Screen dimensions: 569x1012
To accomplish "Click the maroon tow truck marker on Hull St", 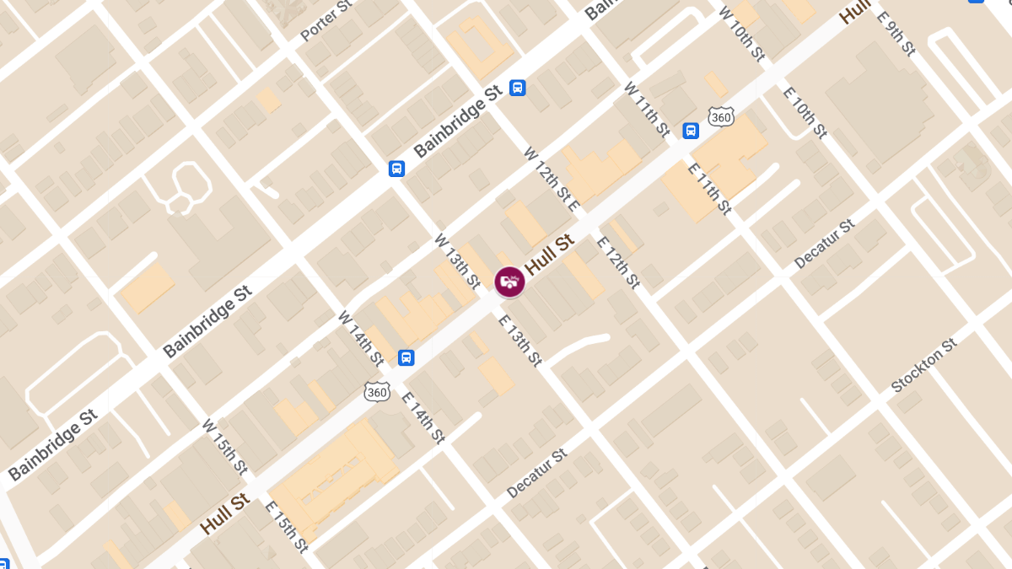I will pos(509,282).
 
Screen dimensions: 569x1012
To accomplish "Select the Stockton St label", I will pos(925,366).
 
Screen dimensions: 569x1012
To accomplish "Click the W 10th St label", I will pos(741,34).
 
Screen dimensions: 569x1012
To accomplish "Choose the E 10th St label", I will pos(805,110).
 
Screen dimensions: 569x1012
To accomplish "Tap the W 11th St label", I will pos(647,109).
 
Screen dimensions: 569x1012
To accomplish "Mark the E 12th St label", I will pos(618,262).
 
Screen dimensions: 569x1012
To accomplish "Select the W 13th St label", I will pos(457,261).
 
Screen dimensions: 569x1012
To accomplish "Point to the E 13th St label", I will pos(519,340).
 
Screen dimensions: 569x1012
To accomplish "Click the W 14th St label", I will pos(361,338).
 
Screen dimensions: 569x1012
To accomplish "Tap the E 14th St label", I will pos(423,417).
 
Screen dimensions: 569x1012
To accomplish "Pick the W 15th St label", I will pos(225,445).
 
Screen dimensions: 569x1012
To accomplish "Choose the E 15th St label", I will pos(287,527).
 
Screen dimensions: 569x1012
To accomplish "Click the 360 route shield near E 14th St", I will pos(377,391).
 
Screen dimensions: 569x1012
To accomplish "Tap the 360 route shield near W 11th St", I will pos(721,115).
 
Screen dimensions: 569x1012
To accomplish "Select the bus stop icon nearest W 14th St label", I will pos(406,357).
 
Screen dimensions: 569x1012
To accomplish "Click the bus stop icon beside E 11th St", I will pos(691,131).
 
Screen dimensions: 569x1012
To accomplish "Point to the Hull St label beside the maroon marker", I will pos(549,254).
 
